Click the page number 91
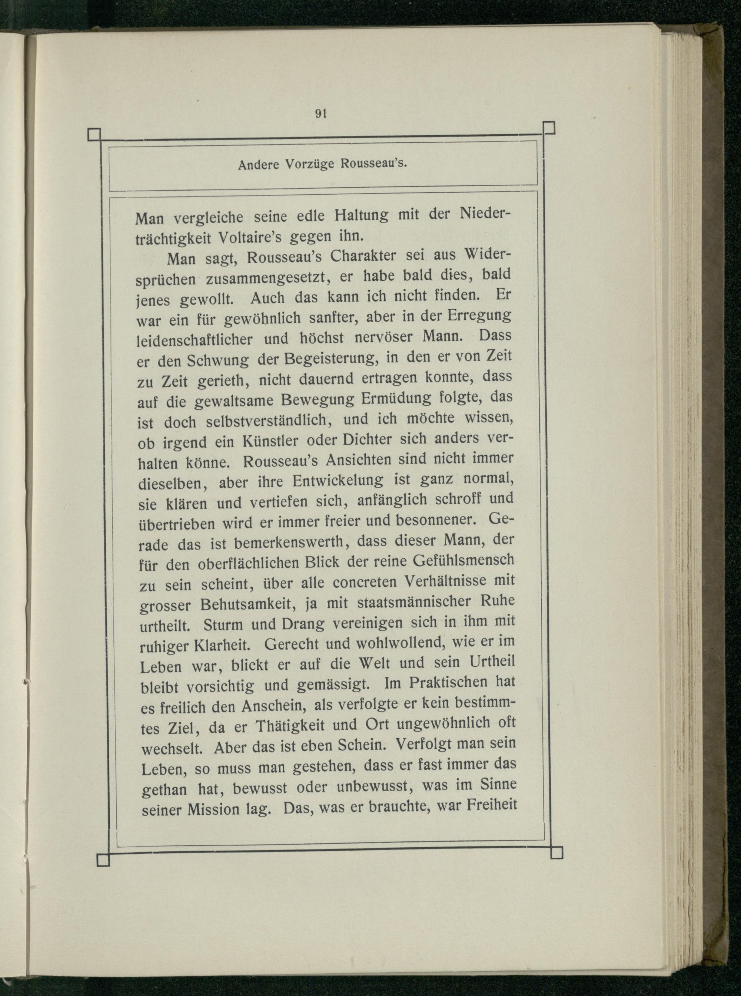point(320,114)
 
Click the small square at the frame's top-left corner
point(94,135)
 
